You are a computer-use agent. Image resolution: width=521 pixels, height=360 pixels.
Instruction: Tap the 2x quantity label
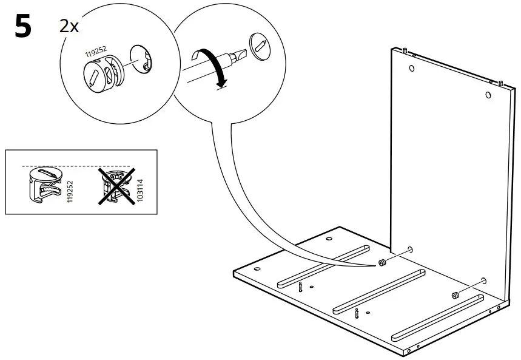point(69,26)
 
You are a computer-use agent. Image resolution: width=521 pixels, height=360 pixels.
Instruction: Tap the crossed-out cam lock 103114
point(116,185)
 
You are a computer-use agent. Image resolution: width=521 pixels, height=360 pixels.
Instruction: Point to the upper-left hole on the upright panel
point(412,68)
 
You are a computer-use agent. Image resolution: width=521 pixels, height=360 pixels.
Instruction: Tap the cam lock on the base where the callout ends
point(383,263)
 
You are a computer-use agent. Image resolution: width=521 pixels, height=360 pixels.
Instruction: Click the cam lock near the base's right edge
point(455,295)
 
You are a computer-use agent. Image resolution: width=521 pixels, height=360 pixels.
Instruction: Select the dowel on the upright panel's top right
point(501,82)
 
